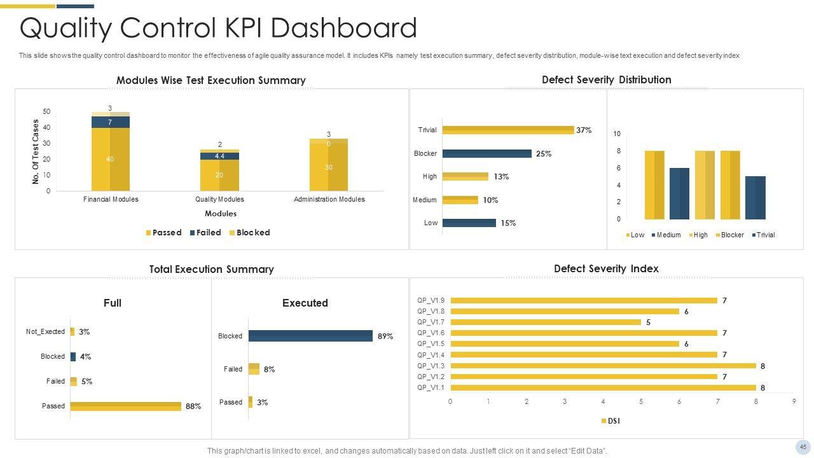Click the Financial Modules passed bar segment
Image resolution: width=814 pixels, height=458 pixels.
[x=110, y=159]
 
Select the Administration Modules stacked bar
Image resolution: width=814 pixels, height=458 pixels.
[x=329, y=165]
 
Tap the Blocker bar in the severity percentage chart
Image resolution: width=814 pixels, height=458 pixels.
[x=486, y=153]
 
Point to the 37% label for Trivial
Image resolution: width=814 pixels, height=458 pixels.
[x=584, y=130]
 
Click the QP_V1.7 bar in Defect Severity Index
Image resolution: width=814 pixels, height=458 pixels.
[x=546, y=323]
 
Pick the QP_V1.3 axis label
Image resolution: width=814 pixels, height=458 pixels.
[x=431, y=366]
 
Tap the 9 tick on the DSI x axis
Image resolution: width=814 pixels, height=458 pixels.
[x=794, y=401]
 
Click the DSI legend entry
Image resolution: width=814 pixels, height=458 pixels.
[x=610, y=421]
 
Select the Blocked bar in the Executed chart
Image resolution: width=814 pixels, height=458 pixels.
[x=310, y=336]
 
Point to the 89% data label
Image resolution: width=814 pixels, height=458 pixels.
[x=385, y=337]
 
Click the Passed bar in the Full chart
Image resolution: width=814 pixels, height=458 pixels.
[x=125, y=406]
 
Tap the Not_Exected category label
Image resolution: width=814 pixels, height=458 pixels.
[x=45, y=331]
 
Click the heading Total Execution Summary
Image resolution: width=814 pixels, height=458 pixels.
[x=211, y=269]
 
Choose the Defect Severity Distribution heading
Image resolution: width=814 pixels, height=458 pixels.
[x=606, y=80]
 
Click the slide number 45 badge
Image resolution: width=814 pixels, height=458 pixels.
[x=803, y=447]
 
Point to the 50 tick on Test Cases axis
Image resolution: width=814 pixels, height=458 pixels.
[x=46, y=112]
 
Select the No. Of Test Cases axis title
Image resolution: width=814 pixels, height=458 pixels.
[x=36, y=152]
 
